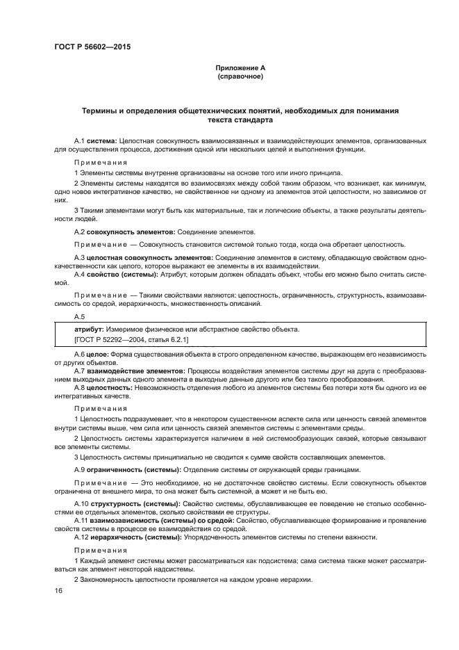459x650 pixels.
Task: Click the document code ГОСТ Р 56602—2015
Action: pos(92,47)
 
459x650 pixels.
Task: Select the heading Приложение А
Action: pos(240,67)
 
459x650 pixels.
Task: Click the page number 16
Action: pos(58,590)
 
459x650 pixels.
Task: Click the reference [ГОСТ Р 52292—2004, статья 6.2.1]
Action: pos(131,339)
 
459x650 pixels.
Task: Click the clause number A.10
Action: pos(81,503)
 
